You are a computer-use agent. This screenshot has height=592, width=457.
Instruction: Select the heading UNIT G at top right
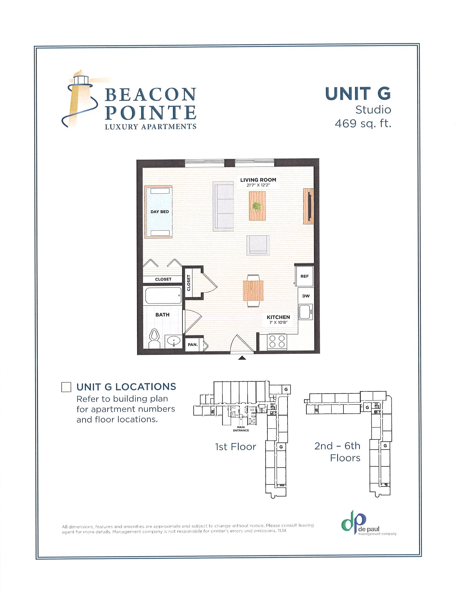point(358,94)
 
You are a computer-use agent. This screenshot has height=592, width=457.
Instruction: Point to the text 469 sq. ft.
point(363,123)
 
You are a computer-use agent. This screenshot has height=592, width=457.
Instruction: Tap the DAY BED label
point(160,212)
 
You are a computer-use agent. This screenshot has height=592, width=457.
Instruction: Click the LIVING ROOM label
point(258,180)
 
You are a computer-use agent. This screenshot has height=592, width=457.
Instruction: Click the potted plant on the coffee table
point(257,206)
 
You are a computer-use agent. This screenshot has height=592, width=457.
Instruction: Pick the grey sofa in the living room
point(223,206)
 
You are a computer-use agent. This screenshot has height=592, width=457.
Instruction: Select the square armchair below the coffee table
point(257,245)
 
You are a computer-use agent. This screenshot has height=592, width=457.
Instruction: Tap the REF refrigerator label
point(304,276)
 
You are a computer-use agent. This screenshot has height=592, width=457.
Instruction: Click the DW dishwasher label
point(306,296)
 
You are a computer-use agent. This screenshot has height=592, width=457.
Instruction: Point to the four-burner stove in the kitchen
point(277,342)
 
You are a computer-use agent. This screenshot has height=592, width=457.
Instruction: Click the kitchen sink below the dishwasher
point(305,312)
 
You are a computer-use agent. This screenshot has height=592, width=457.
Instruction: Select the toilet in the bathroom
point(154,338)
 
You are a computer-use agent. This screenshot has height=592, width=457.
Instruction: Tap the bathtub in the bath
point(163,296)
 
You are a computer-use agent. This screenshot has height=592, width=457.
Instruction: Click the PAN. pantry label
point(192,344)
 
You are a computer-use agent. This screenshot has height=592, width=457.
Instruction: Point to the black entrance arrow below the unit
point(242,358)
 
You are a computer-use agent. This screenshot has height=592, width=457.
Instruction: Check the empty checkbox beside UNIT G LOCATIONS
point(66,387)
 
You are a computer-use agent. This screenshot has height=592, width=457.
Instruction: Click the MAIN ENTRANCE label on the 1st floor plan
point(241,429)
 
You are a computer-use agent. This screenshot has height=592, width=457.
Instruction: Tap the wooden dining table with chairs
point(253,291)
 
